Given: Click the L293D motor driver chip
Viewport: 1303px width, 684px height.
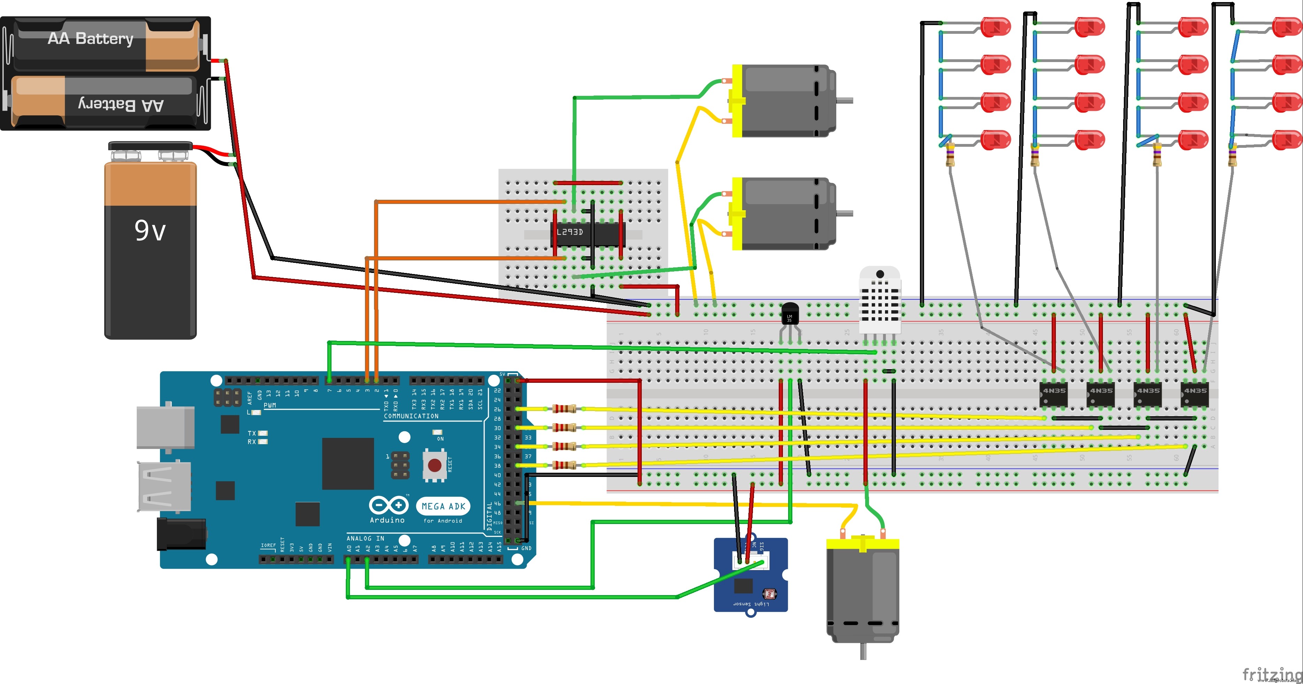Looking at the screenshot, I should (587, 234).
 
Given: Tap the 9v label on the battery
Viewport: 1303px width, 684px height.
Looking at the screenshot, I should (150, 230).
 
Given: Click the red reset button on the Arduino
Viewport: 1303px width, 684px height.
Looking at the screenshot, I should (434, 464).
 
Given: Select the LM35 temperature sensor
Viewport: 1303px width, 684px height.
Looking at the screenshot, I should (790, 314).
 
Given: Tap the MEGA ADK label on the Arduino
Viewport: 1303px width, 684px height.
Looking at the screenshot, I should (443, 506).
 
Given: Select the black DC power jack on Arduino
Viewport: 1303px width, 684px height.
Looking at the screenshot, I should (181, 534).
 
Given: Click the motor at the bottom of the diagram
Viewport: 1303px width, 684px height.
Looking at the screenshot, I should (862, 592).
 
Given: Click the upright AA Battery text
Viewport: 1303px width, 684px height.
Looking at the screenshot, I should (91, 38).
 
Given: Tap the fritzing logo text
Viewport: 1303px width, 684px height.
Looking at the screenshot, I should (1272, 674).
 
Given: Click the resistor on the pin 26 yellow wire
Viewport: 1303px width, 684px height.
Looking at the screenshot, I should (564, 409).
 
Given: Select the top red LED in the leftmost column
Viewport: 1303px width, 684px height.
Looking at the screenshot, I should (995, 27).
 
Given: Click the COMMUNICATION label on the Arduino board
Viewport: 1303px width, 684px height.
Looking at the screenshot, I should (411, 416).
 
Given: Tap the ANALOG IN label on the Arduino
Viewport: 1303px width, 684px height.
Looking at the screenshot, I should (365, 538).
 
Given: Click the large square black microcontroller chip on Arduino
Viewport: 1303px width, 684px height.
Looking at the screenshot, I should (348, 463).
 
